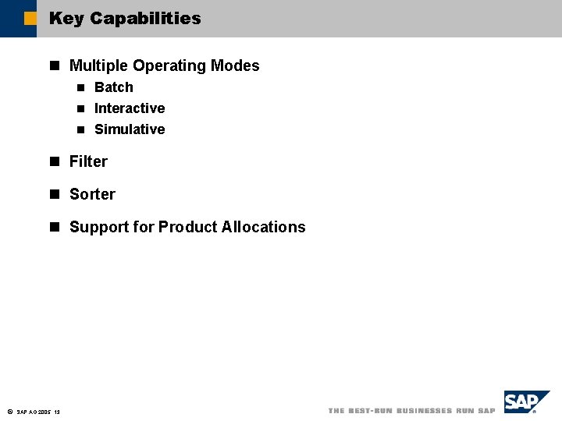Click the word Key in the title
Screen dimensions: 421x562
(66, 18)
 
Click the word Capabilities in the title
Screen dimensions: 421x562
(145, 18)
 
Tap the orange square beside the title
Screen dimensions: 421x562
(30, 18)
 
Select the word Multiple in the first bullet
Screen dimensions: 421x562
(97, 65)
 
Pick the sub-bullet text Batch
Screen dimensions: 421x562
(114, 87)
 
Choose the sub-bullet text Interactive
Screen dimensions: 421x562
(130, 108)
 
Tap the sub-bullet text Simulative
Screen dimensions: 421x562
(130, 129)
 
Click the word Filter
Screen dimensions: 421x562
(88, 161)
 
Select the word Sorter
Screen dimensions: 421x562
(92, 194)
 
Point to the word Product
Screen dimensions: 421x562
(187, 227)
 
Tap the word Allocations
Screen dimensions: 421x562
(264, 227)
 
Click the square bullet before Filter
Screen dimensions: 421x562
(55, 161)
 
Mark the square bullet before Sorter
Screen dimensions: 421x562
(55, 194)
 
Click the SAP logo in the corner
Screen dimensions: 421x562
(525, 402)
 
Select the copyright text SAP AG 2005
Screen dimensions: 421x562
(34, 412)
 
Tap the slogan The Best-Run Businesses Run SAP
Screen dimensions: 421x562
(411, 411)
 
